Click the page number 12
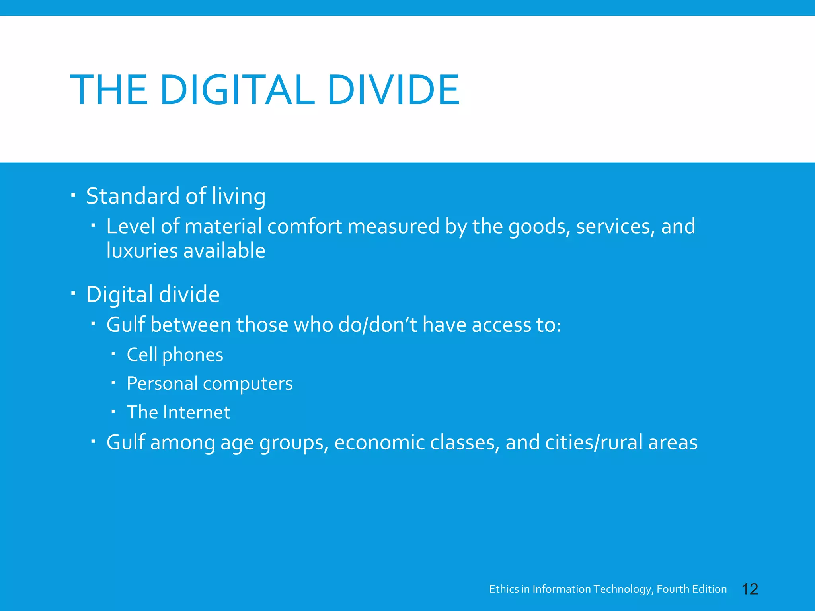pos(750,589)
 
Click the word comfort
pos(304,226)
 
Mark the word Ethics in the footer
pos(504,589)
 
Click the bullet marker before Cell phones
pos(113,353)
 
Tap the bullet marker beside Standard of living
pos(73,195)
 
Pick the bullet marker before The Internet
pos(113,411)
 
